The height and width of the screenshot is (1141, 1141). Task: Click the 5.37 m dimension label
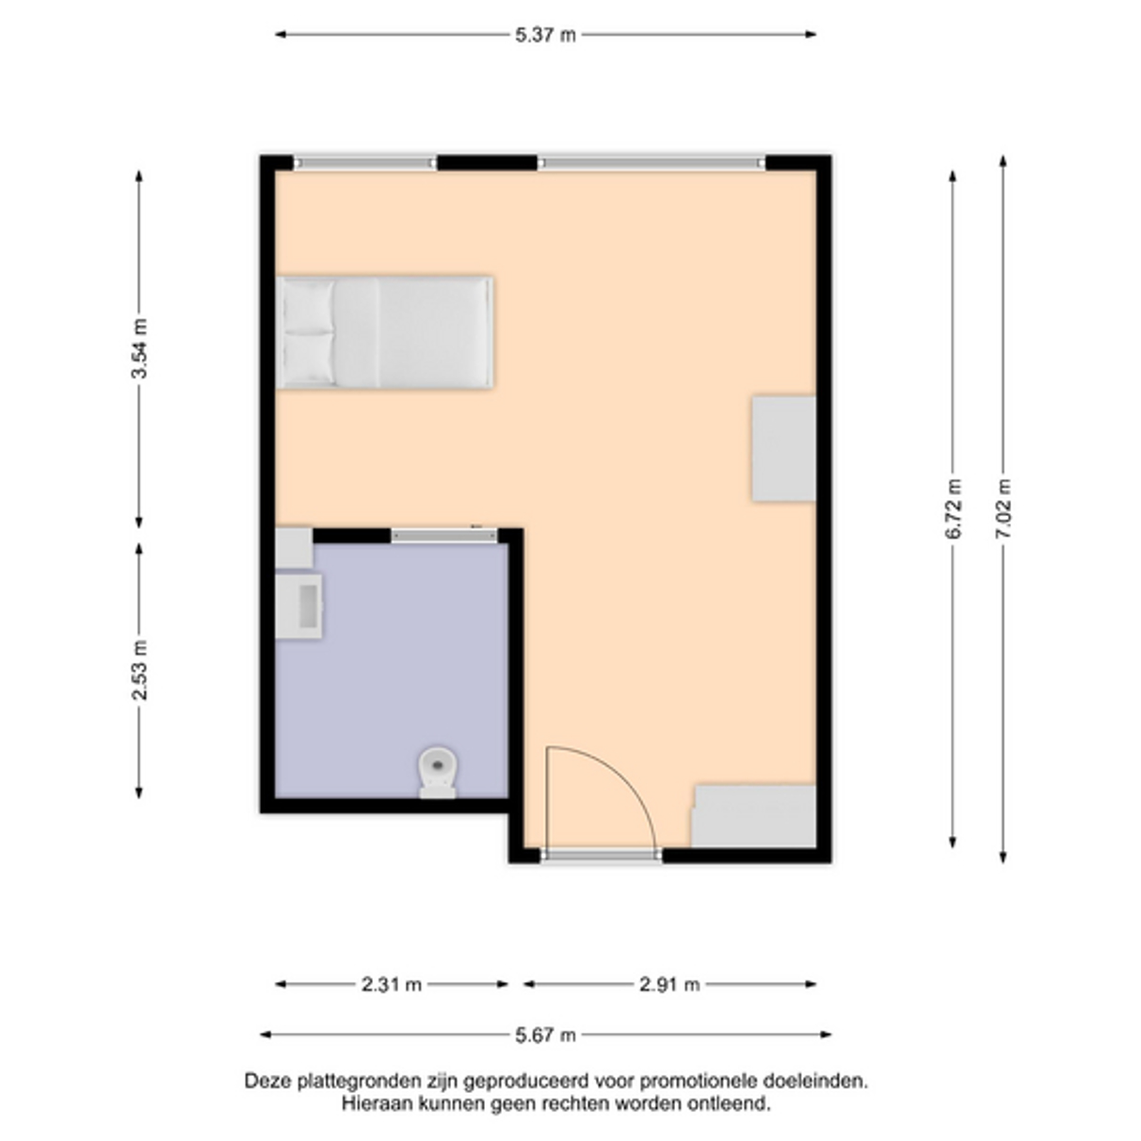545,35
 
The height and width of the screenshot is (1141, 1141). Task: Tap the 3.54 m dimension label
139,348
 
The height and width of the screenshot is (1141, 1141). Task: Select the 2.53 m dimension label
139,670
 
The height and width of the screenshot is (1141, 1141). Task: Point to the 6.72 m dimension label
953,508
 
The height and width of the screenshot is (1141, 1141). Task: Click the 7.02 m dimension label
1003,508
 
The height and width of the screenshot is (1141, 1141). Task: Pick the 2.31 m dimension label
392,985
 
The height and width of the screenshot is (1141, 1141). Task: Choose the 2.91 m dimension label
669,985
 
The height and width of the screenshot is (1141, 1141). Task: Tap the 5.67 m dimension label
545,1035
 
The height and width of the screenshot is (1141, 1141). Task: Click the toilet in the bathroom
438,772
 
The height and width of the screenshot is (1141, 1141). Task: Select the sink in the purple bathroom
299,605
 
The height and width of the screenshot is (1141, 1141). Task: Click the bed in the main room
385,332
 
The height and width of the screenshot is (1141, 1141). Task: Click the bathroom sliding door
444,536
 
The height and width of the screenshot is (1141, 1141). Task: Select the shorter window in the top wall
365,163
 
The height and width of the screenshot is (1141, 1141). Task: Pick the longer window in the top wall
651,163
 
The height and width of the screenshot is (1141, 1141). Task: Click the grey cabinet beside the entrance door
754,816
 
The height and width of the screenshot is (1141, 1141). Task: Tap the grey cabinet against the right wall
784,449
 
